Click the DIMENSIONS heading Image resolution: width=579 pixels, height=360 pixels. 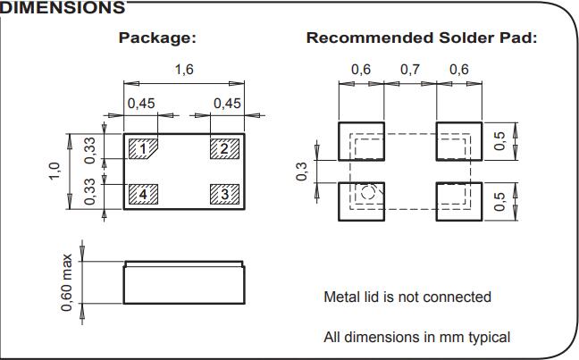[x=62, y=8]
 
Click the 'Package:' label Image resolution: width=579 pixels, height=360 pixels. [x=157, y=38]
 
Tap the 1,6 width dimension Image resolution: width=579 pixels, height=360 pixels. [x=184, y=70]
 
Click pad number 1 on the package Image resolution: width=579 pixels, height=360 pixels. [x=142, y=148]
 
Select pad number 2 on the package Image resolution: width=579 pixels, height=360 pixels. [x=225, y=148]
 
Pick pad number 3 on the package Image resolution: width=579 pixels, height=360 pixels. [x=225, y=193]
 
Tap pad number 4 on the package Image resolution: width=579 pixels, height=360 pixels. [x=142, y=193]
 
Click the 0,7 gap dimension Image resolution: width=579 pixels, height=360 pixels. [x=410, y=70]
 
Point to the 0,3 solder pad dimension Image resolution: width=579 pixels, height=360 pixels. [x=301, y=172]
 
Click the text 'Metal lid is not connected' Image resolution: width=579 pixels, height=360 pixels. [x=407, y=297]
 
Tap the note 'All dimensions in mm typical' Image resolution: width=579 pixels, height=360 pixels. [x=416, y=338]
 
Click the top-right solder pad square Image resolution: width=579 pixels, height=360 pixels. [x=458, y=140]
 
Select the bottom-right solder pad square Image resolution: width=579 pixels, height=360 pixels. [x=458, y=201]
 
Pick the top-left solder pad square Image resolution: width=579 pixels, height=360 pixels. [x=361, y=140]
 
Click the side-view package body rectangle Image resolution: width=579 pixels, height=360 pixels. [x=184, y=285]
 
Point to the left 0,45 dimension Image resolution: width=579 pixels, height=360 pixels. [x=140, y=104]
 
